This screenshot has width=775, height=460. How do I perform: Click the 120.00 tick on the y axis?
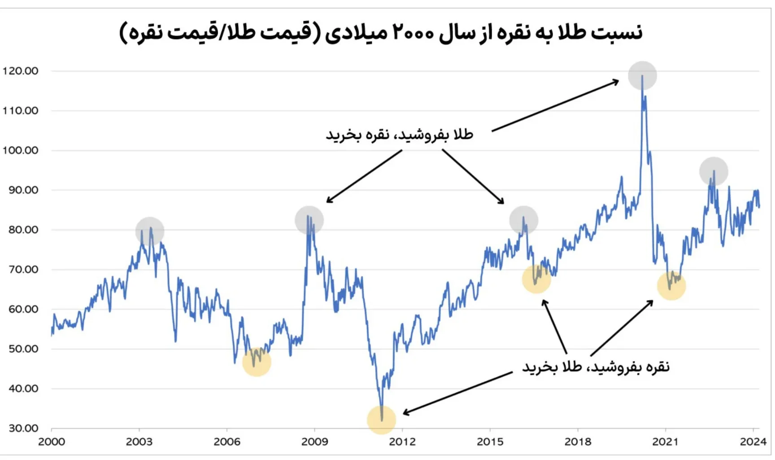point(21,71)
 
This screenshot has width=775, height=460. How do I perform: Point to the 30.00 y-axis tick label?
point(23,428)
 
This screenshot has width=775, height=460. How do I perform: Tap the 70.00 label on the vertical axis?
point(23,269)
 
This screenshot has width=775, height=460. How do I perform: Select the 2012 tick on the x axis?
point(402,442)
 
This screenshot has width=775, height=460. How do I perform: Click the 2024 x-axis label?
point(753,442)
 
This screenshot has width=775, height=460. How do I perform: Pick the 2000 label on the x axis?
point(52,442)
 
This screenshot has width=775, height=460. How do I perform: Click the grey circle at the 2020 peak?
point(642,75)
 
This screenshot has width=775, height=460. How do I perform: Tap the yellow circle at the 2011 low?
point(381,420)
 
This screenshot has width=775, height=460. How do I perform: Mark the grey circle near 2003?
point(150,231)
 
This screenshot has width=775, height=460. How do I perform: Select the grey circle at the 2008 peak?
point(309,220)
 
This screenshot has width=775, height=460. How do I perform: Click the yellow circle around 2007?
point(257,362)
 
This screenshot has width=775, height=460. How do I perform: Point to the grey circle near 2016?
point(523,220)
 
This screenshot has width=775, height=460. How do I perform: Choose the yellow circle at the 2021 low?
point(671,286)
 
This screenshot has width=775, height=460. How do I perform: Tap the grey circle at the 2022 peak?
point(713,171)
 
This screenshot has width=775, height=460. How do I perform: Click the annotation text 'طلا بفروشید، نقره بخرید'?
point(399,135)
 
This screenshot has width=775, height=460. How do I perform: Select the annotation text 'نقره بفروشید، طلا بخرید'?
point(596,367)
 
